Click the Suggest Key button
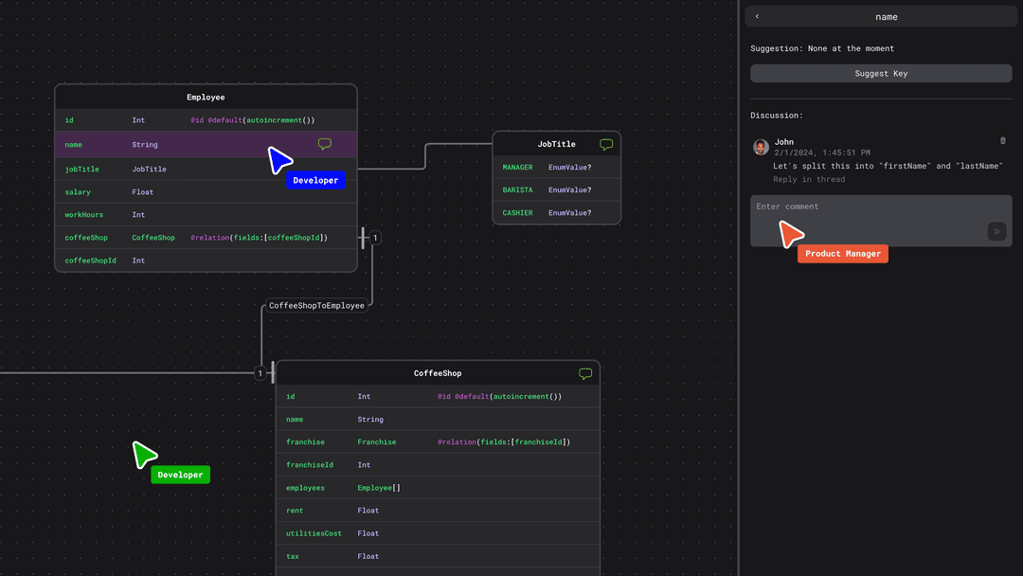coord(881,73)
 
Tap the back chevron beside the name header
coord(757,16)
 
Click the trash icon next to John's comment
coord(1003,141)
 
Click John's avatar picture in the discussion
coord(761,147)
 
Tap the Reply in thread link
coord(808,179)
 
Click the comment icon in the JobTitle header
coord(606,144)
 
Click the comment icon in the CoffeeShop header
coord(585,373)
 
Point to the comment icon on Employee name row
coord(325,144)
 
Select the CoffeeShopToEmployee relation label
coord(316,305)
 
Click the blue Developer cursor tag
coord(315,180)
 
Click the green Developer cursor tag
coord(180,475)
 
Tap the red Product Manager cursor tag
coord(843,254)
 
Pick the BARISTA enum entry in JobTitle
coord(517,189)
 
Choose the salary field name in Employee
coord(78,191)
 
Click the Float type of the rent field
coord(368,511)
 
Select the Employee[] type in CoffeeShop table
coord(379,488)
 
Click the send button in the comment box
coord(996,231)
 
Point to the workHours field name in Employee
coord(83,215)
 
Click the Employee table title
coord(206,97)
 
